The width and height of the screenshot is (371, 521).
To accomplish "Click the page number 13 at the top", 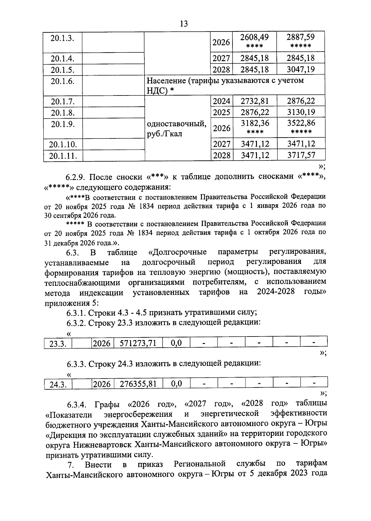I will pos(184,24).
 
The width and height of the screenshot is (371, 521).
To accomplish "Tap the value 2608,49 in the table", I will pos(254,38).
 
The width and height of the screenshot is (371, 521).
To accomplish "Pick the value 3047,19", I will pos(301,69).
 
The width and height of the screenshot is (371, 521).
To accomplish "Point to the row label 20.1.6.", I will pos(62,81).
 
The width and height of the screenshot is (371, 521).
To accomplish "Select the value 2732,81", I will pos(255,101).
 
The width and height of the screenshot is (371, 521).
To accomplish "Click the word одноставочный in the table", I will pos(176,124).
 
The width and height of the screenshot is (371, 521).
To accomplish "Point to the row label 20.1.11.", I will pos(63,156).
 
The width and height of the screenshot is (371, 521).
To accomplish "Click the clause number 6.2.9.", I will pos(76,177).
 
